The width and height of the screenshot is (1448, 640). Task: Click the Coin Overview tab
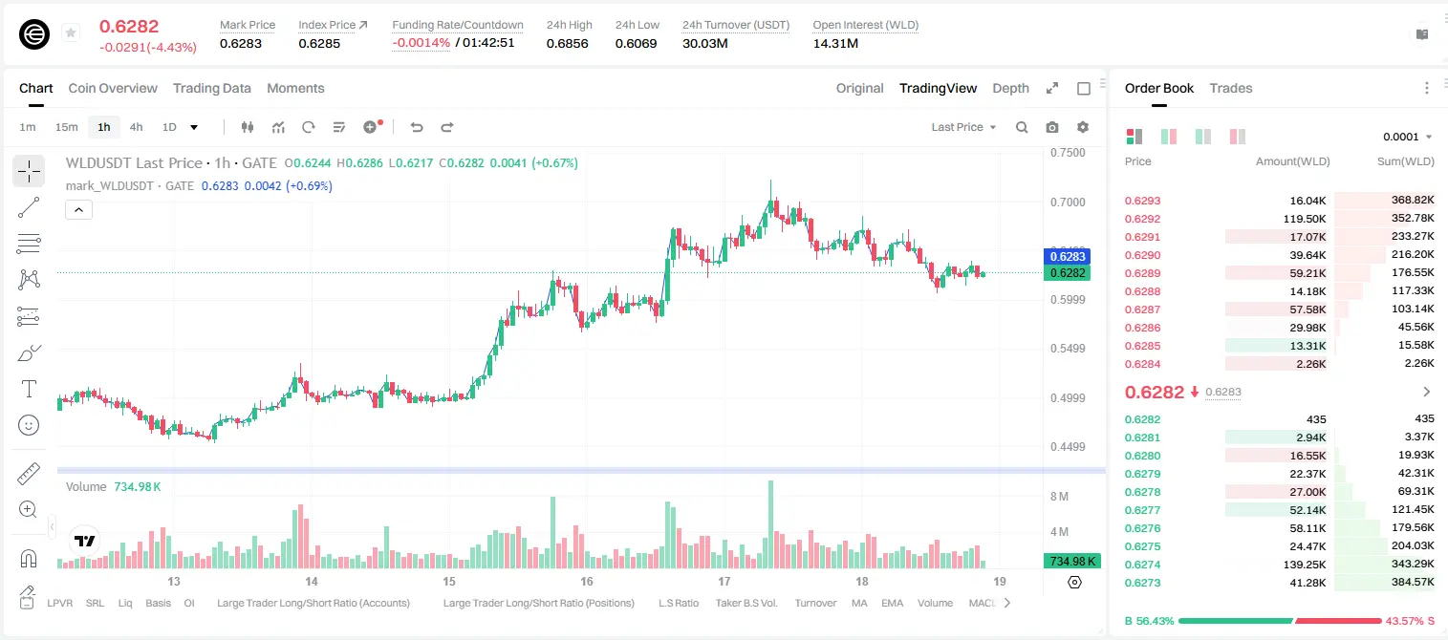[x=113, y=88]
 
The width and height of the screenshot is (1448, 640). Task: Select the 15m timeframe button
[x=66, y=127]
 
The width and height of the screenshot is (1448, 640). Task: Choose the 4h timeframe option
[x=136, y=127]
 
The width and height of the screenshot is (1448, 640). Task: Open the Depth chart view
[x=1010, y=88]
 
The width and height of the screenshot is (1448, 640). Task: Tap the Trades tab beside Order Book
[x=1230, y=88]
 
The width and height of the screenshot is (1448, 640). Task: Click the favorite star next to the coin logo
[x=71, y=32]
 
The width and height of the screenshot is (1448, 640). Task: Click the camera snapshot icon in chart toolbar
[x=1052, y=127]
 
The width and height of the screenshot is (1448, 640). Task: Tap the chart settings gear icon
[x=1083, y=127]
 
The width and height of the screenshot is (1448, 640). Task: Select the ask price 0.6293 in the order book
[x=1142, y=201]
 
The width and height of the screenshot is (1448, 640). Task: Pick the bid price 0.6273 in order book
[x=1142, y=583]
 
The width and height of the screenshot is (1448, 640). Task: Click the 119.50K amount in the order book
[x=1304, y=219]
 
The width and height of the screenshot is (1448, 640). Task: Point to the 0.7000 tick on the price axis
[x=1068, y=203]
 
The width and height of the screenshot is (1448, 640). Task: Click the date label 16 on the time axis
[x=586, y=581]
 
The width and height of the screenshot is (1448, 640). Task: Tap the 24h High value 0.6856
[x=567, y=43]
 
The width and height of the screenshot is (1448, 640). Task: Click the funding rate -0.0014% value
[x=421, y=43]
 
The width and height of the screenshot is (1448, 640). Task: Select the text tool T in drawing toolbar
[x=29, y=389]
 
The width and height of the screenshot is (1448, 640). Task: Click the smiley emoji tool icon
[x=29, y=425]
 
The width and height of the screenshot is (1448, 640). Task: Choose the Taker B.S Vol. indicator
[x=746, y=603]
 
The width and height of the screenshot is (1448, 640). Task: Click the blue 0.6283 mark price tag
[x=1068, y=256]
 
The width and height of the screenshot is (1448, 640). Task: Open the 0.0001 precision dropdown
[x=1407, y=137]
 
